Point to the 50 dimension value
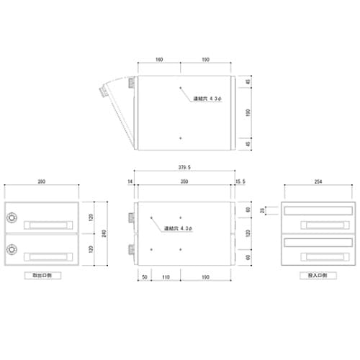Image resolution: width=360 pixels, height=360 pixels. pos(144,276)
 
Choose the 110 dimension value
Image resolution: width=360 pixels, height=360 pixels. pos(166,276)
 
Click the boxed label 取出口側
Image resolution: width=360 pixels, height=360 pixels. pos(40,275)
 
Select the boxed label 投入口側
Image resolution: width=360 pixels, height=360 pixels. pos(318,275)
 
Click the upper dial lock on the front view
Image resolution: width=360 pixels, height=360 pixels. pos(12,217)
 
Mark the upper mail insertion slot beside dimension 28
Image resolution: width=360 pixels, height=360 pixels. pos(318,210)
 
